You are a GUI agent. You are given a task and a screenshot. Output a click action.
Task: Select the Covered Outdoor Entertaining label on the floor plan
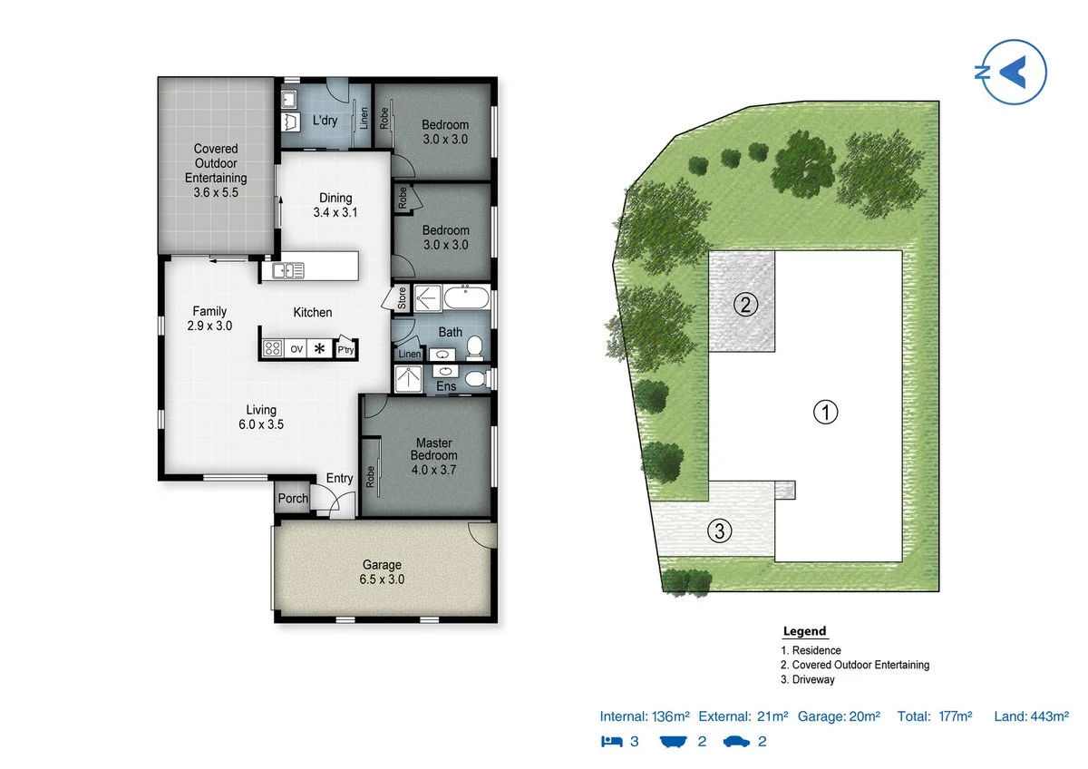tap(216, 170)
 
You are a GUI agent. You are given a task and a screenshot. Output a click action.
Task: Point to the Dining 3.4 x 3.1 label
tap(335, 206)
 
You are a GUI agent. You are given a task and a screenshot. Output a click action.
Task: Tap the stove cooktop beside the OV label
tap(273, 348)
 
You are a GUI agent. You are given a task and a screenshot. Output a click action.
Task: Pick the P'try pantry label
tap(345, 349)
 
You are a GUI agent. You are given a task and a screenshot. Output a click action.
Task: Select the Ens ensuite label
tap(446, 387)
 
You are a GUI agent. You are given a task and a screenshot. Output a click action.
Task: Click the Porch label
tap(293, 499)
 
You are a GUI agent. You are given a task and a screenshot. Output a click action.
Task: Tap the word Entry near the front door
tap(339, 479)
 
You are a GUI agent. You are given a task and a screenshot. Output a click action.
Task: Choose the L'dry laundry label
tap(325, 121)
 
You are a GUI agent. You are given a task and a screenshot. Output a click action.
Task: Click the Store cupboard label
tap(401, 297)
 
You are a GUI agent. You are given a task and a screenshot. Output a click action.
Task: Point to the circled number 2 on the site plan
tap(745, 304)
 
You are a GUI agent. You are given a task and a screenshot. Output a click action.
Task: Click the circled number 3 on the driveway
tap(720, 531)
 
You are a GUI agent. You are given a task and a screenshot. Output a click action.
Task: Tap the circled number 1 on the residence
tap(824, 413)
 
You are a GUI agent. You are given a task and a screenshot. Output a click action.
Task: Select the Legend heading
tap(804, 631)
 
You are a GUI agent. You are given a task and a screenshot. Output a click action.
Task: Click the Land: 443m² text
tap(1032, 716)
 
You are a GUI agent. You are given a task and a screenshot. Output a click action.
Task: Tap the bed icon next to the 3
tap(613, 742)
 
